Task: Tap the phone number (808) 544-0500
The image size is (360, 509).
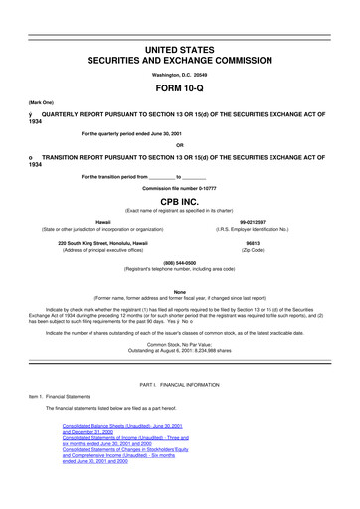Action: click(x=179, y=261)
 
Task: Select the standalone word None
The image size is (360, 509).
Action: click(x=179, y=291)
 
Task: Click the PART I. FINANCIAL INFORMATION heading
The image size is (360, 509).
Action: click(x=179, y=411)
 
